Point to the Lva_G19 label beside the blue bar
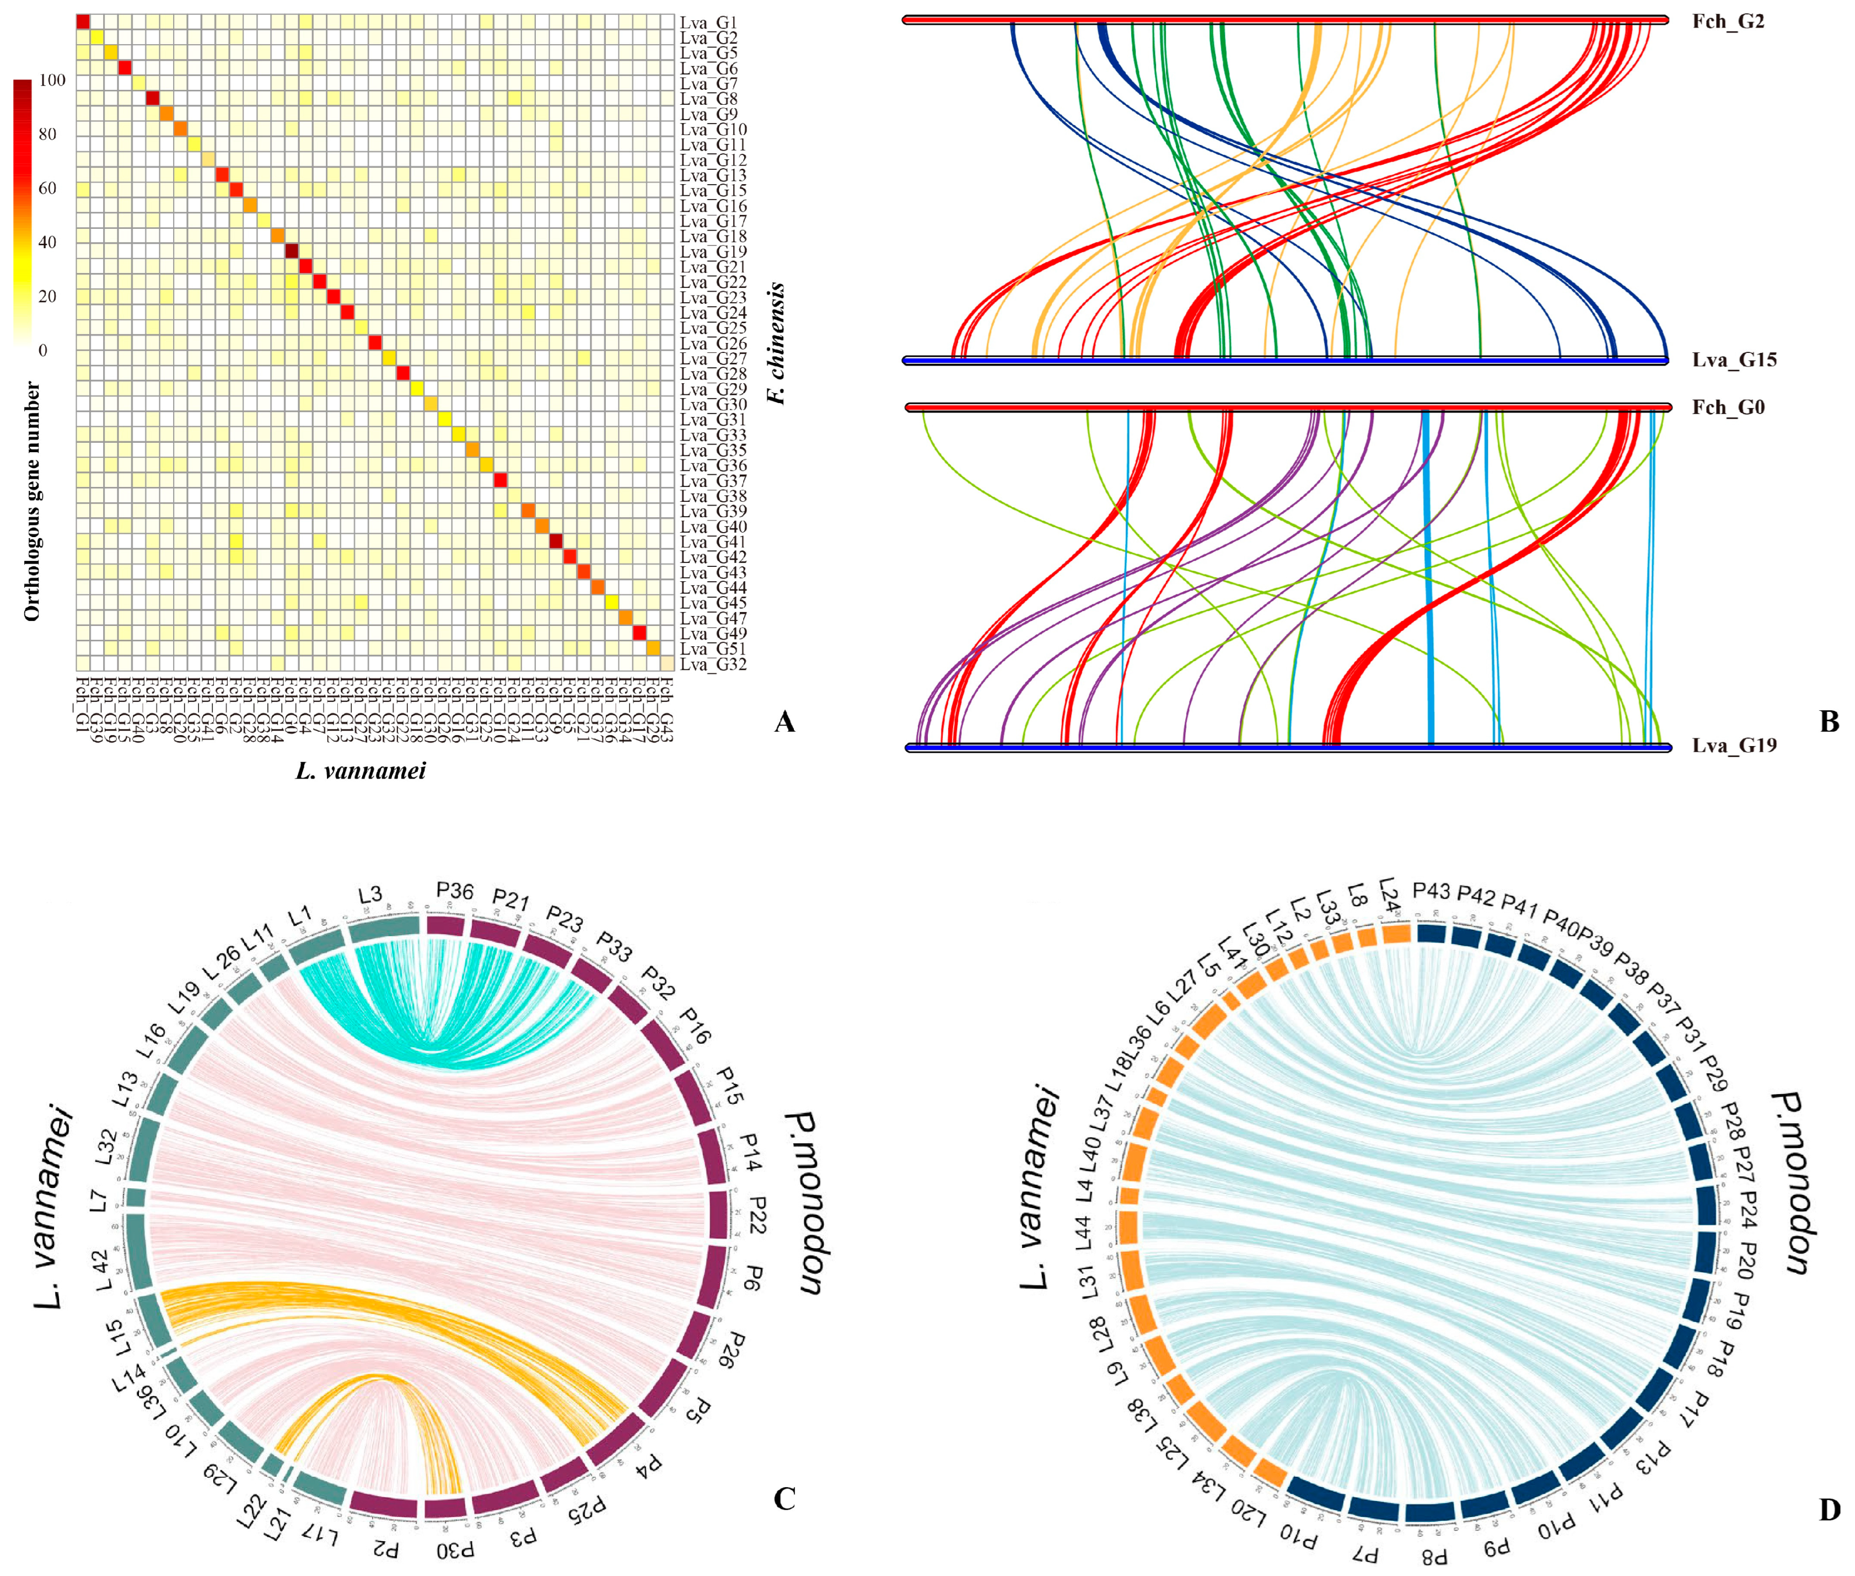click(x=1734, y=745)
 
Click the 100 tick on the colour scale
click(x=52, y=81)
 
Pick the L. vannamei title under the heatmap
click(x=361, y=770)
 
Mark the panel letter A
click(x=784, y=722)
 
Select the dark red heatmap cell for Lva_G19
click(x=291, y=251)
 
